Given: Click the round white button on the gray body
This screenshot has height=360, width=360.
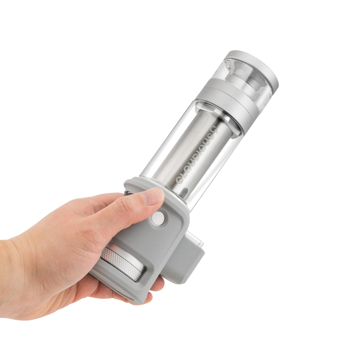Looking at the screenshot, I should click(157, 218).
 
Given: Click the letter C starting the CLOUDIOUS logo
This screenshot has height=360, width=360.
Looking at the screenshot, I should click(179, 180).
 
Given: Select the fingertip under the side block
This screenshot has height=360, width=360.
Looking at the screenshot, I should click(159, 283).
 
